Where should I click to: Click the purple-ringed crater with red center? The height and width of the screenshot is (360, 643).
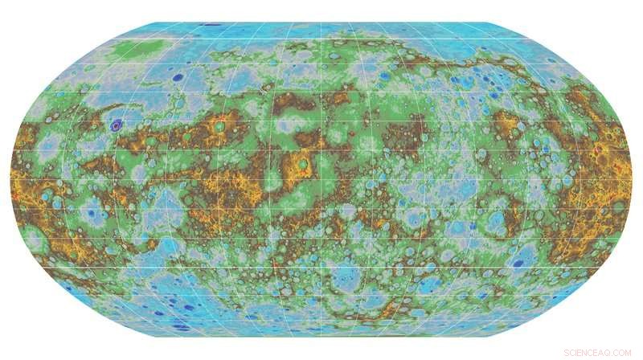pyautogui.click(x=117, y=125)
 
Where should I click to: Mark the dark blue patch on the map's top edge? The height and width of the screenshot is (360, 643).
pyautogui.click(x=211, y=25)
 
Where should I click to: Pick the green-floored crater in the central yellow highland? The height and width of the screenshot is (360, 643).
pyautogui.click(x=302, y=164)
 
